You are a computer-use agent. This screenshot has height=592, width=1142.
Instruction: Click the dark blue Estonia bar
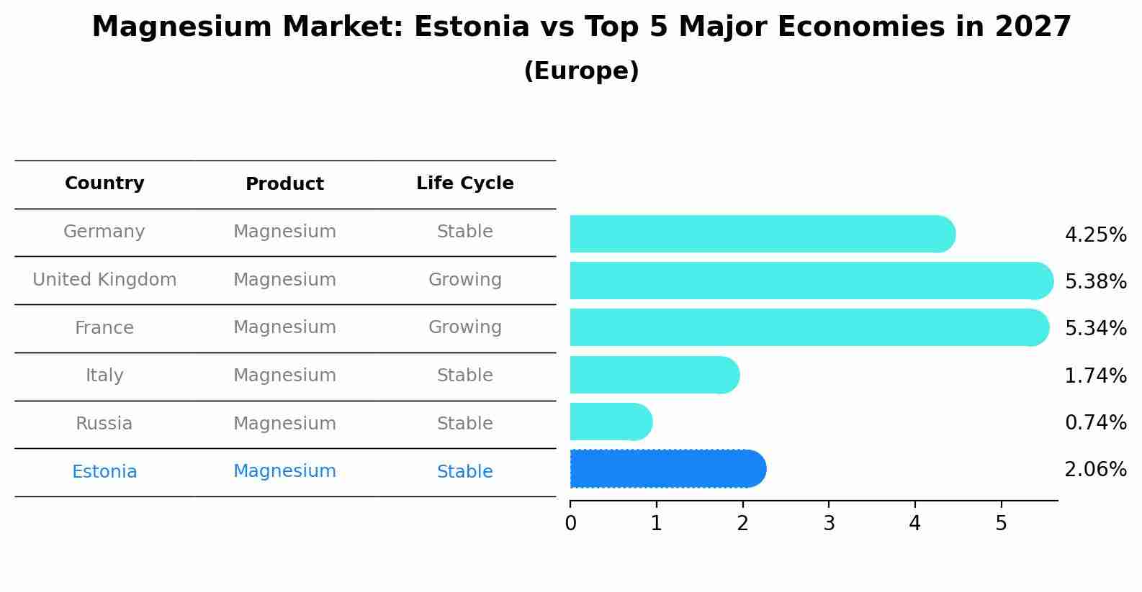(667, 469)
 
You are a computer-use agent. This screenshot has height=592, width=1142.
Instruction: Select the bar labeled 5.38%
(811, 281)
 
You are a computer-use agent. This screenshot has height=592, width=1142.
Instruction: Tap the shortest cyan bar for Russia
(611, 422)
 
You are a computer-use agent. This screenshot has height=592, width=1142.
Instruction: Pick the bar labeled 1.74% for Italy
(654, 375)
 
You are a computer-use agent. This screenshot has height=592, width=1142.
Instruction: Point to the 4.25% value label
(1095, 235)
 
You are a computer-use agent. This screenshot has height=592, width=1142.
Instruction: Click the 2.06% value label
(1095, 470)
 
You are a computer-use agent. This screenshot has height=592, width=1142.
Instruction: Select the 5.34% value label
(1095, 329)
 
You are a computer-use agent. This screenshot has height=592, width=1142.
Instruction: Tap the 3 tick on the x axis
(829, 524)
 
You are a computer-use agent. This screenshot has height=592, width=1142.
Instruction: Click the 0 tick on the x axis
(570, 524)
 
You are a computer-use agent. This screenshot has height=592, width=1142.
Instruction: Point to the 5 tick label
(1001, 524)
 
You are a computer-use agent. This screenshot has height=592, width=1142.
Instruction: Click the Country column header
(104, 183)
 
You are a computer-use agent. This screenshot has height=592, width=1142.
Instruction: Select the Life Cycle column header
(464, 183)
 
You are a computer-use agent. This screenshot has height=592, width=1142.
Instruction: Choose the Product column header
(284, 184)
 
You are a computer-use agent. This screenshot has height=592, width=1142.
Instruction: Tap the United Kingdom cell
(104, 280)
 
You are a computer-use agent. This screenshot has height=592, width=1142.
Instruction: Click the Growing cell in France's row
(464, 327)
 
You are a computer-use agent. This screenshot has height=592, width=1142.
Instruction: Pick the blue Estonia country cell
(104, 472)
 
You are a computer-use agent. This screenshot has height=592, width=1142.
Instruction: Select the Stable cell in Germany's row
(464, 232)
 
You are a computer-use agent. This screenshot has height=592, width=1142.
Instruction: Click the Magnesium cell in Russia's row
(284, 424)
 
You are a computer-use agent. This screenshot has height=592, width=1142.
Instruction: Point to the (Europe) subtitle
(581, 71)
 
